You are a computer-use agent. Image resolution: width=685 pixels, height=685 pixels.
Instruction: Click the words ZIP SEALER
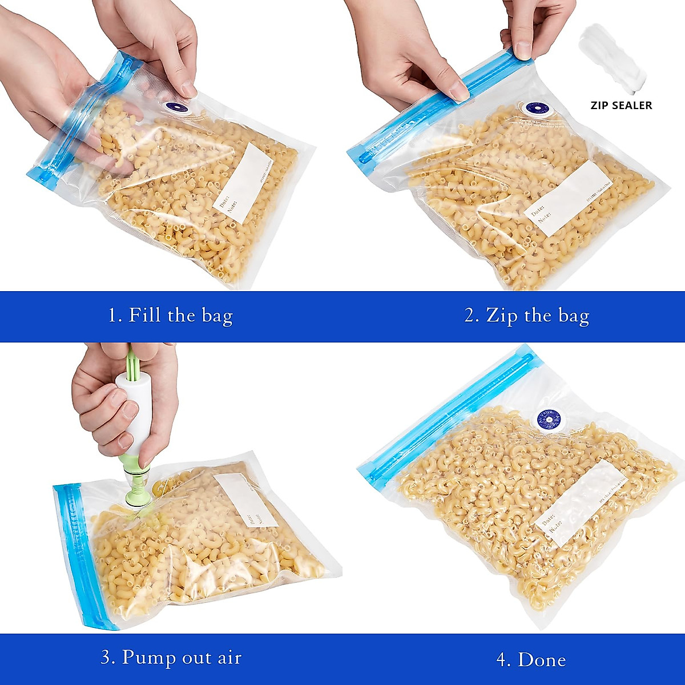[620, 105]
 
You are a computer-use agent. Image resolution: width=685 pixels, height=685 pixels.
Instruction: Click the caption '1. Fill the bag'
[171, 315]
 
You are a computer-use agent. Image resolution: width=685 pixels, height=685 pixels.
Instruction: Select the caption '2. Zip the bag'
[526, 315]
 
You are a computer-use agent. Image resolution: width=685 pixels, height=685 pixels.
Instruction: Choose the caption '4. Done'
[531, 659]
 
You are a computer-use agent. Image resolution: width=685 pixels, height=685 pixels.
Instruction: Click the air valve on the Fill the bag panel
[176, 107]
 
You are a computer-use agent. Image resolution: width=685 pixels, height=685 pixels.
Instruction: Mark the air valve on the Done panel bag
[547, 421]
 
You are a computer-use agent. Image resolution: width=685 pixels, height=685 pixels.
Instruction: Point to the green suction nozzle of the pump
[139, 485]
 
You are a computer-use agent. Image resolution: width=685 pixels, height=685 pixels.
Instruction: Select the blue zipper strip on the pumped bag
[80, 554]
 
